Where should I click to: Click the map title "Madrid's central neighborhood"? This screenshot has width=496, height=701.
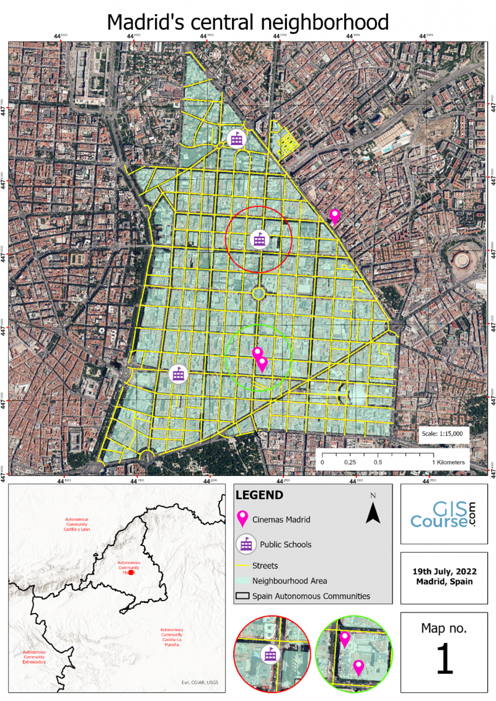tap(248, 22)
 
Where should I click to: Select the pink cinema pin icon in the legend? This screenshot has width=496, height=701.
tap(243, 519)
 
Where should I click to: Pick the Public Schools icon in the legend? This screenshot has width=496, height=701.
tap(247, 544)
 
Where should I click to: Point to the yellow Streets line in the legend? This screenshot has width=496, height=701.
tap(242, 565)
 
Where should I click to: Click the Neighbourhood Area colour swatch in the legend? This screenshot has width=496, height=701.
tap(242, 581)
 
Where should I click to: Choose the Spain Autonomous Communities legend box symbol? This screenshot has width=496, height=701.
tap(242, 596)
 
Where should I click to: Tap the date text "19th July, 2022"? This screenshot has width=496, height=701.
tap(444, 571)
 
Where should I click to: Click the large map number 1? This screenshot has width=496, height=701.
tap(444, 661)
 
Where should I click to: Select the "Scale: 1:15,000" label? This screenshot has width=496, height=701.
tap(445, 434)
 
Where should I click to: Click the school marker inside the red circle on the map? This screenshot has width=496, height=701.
tap(259, 240)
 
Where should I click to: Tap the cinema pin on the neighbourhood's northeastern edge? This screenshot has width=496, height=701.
tap(335, 216)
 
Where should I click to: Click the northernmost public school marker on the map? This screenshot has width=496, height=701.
tap(236, 139)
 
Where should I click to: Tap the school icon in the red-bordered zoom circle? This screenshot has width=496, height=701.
tap(270, 654)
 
